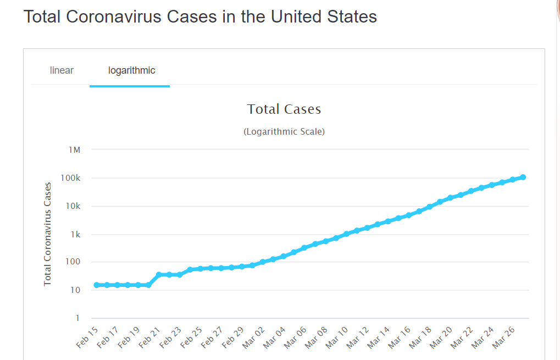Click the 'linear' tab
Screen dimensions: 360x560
click(62, 70)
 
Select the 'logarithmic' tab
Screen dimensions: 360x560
click(132, 70)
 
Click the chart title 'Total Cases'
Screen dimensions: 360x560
click(284, 109)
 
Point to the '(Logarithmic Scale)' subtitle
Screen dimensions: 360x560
click(284, 132)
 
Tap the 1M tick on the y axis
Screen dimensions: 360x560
click(74, 150)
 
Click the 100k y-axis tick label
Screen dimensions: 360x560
click(71, 178)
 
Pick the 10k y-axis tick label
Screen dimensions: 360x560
click(73, 206)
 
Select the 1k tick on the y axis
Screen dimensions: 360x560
click(75, 235)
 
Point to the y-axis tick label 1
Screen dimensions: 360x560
click(77, 318)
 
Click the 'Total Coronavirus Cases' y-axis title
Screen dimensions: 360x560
click(48, 234)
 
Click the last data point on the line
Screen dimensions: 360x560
click(523, 177)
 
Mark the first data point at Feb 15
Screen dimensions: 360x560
click(96, 285)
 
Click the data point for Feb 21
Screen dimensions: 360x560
click(159, 274)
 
